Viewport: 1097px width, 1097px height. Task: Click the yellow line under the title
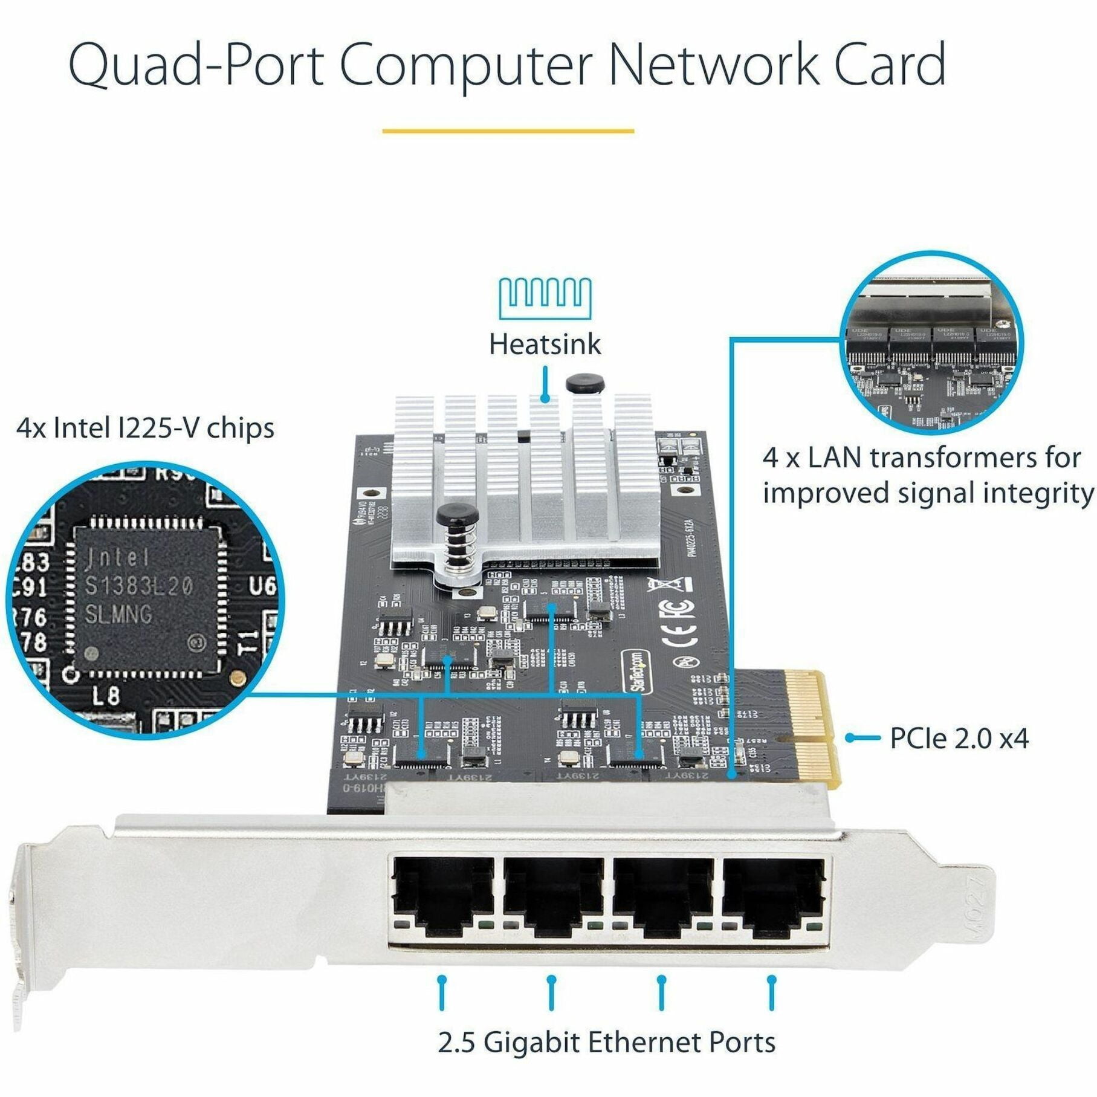[508, 131]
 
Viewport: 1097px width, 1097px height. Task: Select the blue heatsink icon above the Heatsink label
[545, 298]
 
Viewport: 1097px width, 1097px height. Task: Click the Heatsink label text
[545, 345]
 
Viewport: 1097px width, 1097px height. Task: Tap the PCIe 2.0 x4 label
[959, 738]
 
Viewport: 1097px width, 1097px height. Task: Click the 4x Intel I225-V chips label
[145, 428]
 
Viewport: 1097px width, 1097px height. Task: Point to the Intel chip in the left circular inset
[145, 598]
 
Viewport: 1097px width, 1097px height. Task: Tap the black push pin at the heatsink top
[584, 384]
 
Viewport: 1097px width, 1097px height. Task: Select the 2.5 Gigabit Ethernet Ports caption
[606, 1042]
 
